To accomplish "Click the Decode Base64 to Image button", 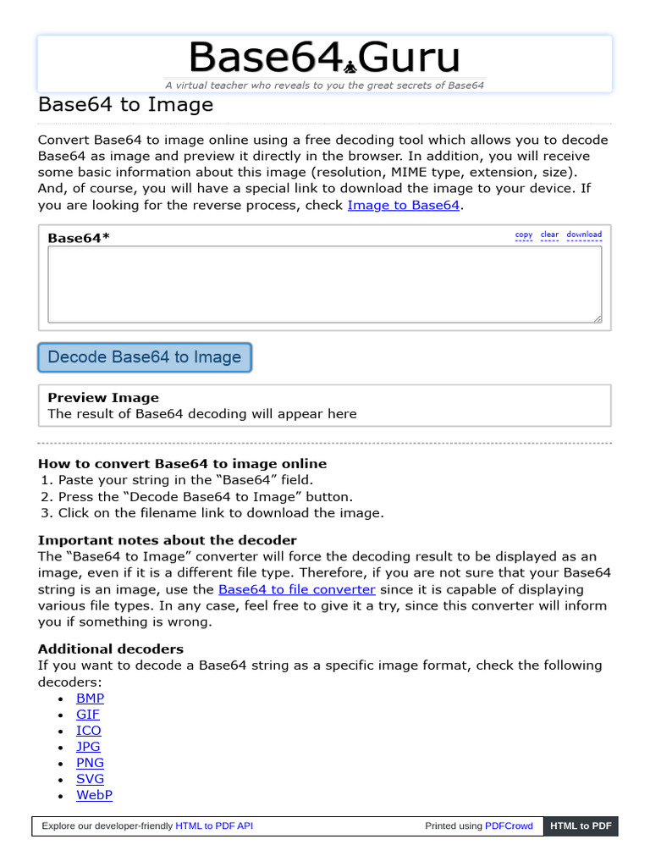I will click(x=145, y=357).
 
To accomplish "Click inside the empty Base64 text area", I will click(x=324, y=284).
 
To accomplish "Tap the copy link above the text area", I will click(x=524, y=235).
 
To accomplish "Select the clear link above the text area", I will click(x=550, y=235).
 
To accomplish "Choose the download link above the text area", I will click(x=584, y=235).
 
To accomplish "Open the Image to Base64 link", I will click(x=403, y=205).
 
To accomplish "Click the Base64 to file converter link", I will click(x=296, y=589).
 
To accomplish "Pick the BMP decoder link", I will click(x=91, y=699).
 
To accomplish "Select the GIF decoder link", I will click(x=88, y=715).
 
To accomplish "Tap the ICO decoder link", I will click(x=89, y=731).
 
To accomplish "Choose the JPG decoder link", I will click(x=89, y=747).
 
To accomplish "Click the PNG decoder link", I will click(x=91, y=763).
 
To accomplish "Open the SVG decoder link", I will click(x=91, y=779).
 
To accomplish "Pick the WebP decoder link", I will click(x=94, y=795).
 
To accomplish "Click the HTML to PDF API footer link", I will click(x=214, y=826).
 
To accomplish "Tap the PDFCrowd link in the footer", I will click(x=509, y=826).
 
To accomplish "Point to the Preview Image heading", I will click(x=103, y=397).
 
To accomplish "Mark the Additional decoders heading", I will click(x=111, y=649).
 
